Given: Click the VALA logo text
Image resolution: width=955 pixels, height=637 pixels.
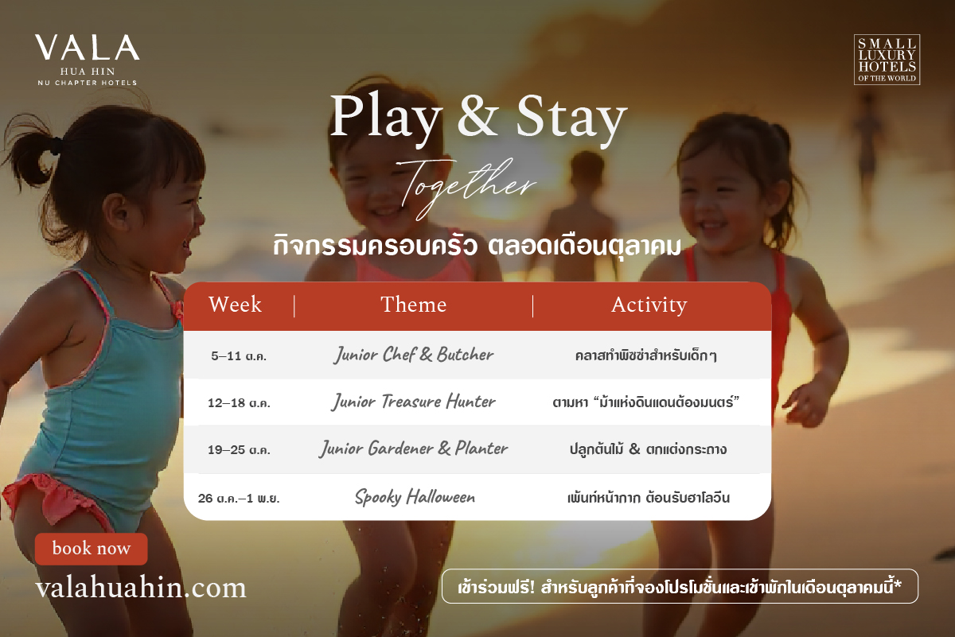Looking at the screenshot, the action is [87, 47].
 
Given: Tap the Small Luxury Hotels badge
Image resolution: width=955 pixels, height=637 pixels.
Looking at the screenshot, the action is [887, 60].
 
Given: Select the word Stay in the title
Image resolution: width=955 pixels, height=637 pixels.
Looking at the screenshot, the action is [571, 117].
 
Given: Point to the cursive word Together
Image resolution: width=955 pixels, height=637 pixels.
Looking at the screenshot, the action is [466, 188].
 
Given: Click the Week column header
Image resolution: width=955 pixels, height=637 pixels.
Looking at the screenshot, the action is [235, 305].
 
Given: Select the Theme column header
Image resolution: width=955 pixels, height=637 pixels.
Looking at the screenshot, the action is [414, 305].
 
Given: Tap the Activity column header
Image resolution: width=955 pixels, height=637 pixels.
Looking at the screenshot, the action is [649, 305].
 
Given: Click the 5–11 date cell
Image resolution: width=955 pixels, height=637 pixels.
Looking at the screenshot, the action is [239, 355].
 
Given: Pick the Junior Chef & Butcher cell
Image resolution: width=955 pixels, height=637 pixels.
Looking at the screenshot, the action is [414, 355].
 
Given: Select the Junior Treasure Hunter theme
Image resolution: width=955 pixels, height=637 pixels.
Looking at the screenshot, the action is [414, 402].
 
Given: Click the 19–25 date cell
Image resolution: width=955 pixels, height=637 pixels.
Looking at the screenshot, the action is [239, 450].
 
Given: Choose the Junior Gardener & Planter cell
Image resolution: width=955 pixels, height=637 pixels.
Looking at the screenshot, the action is [414, 449].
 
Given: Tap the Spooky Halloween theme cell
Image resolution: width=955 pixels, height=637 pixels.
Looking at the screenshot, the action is [415, 497].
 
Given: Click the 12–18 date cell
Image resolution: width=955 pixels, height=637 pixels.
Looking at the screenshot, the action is [239, 403].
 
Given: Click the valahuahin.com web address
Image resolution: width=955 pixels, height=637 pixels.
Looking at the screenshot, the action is [141, 588].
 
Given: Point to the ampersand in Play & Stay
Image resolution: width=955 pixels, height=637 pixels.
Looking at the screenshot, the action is [477, 116].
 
